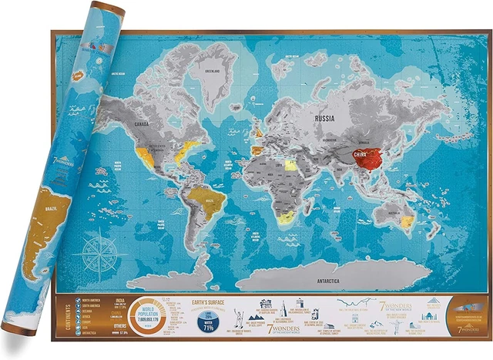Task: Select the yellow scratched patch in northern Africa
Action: pos(290,164)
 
